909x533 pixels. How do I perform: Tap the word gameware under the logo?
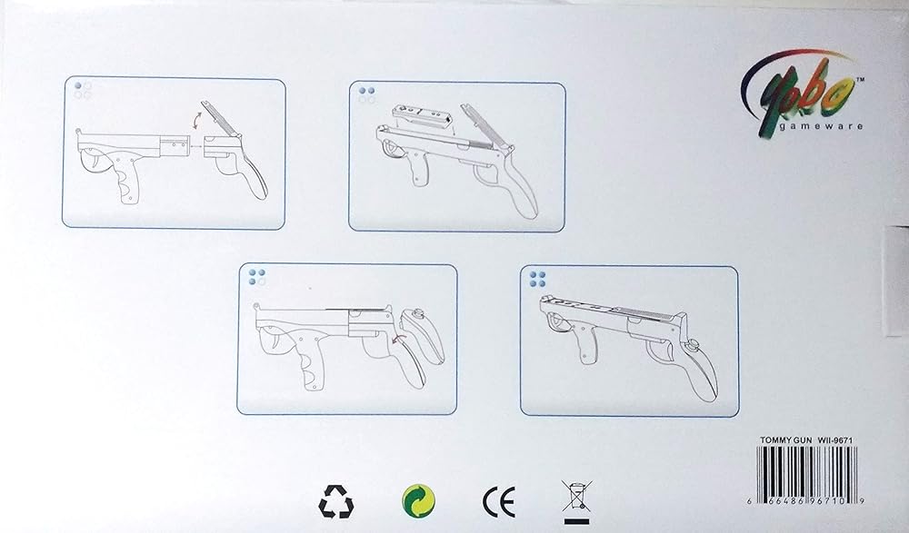coord(820,126)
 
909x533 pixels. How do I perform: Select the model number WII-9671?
coord(834,440)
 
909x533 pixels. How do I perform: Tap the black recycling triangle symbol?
coord(335,501)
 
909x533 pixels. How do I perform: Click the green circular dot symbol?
coord(418,500)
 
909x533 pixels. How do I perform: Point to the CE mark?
coord(498,502)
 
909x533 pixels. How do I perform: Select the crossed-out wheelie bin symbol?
coord(576,502)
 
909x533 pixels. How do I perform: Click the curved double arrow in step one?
coord(197,123)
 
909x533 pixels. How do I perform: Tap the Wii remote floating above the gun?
coord(425,116)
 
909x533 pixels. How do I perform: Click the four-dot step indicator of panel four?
coord(537,280)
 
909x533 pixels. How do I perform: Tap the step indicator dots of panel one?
coord(83,91)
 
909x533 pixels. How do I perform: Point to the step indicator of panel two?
coord(366,95)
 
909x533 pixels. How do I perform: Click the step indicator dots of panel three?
coord(257,277)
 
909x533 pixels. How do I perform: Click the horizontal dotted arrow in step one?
coord(196,146)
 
